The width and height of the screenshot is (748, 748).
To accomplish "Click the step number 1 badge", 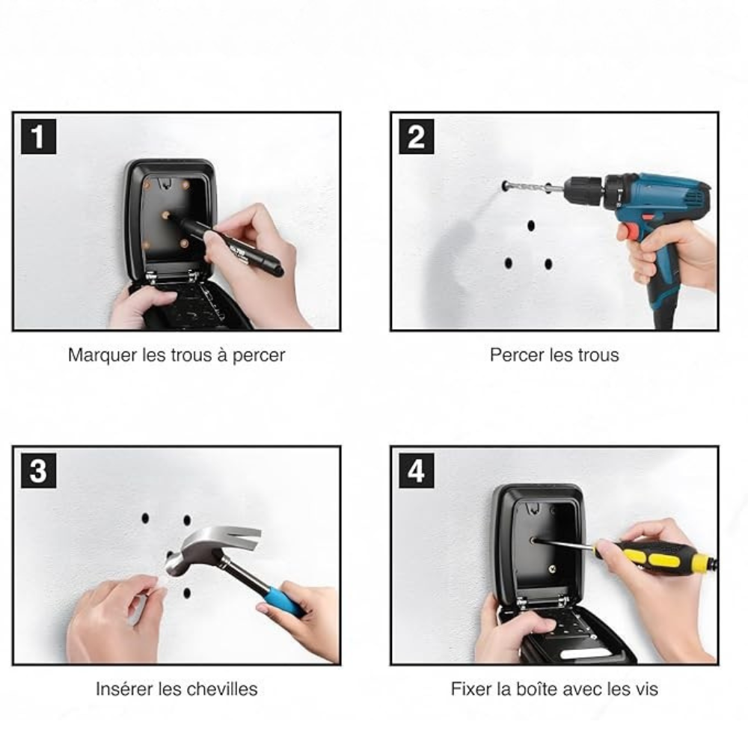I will click(x=38, y=137).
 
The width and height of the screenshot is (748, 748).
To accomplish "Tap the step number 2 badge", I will click(x=417, y=137).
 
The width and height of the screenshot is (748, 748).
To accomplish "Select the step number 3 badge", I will click(x=38, y=470).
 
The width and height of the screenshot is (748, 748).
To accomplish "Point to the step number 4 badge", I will click(x=417, y=470).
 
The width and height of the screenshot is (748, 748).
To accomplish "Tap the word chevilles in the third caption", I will click(x=224, y=689).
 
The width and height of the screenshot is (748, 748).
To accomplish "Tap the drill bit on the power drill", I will click(x=531, y=187).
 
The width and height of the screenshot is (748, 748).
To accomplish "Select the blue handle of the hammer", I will click(x=285, y=599).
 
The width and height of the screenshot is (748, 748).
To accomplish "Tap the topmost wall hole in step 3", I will click(x=146, y=518).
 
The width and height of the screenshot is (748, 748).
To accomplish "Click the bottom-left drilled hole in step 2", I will click(x=509, y=263).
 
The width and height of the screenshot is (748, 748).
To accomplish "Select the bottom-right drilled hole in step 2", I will click(x=548, y=264).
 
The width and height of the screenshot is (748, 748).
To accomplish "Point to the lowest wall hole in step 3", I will click(x=186, y=593).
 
